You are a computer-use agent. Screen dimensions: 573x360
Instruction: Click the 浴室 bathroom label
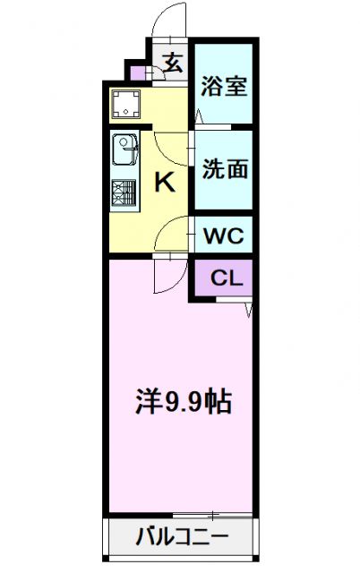point(224,88)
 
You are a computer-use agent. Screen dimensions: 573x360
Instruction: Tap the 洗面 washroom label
point(224,169)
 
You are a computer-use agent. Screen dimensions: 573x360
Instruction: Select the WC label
point(223,236)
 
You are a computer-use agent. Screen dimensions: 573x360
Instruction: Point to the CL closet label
point(226,278)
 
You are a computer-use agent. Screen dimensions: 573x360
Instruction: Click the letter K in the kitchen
point(165,183)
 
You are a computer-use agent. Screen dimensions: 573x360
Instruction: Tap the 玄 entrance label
point(174,64)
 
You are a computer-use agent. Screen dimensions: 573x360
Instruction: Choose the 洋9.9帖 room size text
point(184,399)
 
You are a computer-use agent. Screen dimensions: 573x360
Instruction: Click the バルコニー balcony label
point(182,539)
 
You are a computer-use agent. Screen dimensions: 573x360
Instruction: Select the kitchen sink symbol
point(124,149)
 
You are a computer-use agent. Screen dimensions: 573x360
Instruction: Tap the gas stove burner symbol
point(124,193)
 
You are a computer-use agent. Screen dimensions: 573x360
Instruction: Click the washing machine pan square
point(127,107)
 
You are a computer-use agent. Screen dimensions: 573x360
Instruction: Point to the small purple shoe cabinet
point(136,73)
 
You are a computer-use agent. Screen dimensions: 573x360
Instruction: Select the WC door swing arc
point(170,235)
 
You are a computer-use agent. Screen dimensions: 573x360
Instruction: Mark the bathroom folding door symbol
point(200,115)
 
